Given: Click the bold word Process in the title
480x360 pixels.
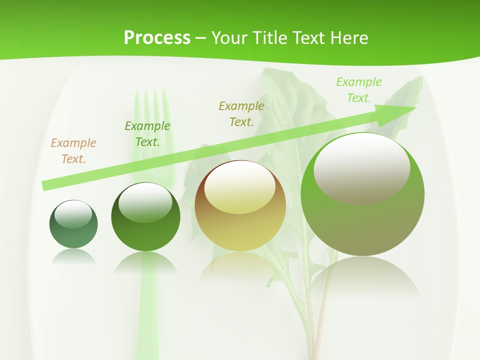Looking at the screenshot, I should (x=157, y=37).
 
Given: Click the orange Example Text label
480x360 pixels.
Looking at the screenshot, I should (x=73, y=151).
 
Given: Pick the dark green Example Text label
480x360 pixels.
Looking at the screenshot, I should (x=147, y=134).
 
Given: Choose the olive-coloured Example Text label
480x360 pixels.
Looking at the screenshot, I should (x=241, y=113).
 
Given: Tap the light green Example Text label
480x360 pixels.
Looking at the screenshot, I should (x=359, y=89).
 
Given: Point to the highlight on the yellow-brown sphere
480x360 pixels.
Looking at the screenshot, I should (x=240, y=187).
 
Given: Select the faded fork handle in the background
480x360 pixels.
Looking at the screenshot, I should (x=146, y=310).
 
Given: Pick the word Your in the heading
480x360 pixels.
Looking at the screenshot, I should (x=230, y=37).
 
